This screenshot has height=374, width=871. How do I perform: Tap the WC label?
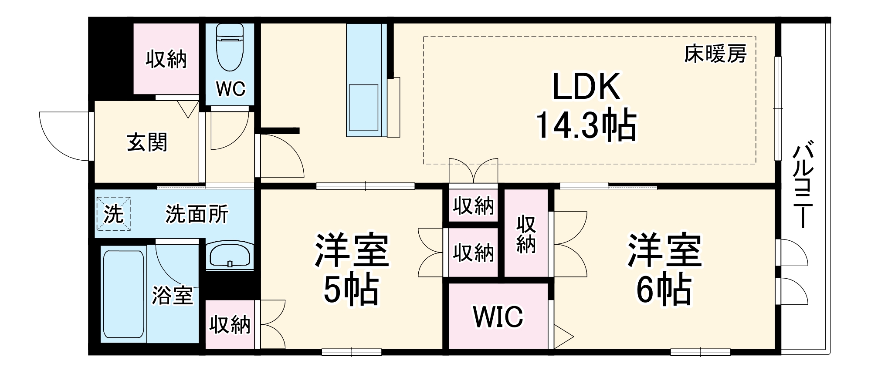[230, 89]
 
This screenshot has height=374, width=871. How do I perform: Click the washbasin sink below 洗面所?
[230, 256]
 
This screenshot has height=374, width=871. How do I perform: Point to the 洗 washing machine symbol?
[113, 214]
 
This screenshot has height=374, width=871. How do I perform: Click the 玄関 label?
[147, 142]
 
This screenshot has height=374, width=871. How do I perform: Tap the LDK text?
[586, 87]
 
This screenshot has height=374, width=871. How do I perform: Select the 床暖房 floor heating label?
[715, 54]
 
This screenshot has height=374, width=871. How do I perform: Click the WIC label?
[498, 317]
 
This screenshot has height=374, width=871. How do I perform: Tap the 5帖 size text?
[351, 290]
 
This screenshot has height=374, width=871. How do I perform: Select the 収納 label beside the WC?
[166, 59]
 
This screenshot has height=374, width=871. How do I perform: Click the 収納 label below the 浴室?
[230, 324]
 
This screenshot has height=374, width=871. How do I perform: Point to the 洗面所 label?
[197, 214]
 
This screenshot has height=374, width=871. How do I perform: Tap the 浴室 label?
[172, 296]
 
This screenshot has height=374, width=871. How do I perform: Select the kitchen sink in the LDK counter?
[363, 107]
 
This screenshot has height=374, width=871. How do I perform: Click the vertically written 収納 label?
[526, 234]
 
